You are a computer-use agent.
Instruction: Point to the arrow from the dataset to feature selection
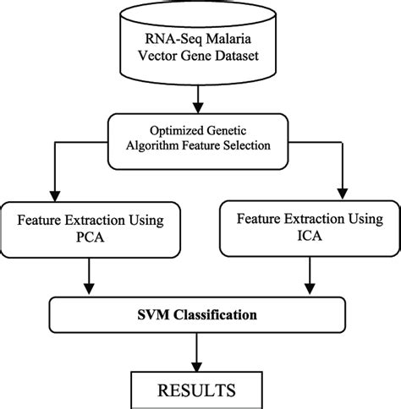pyautogui.click(x=199, y=102)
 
